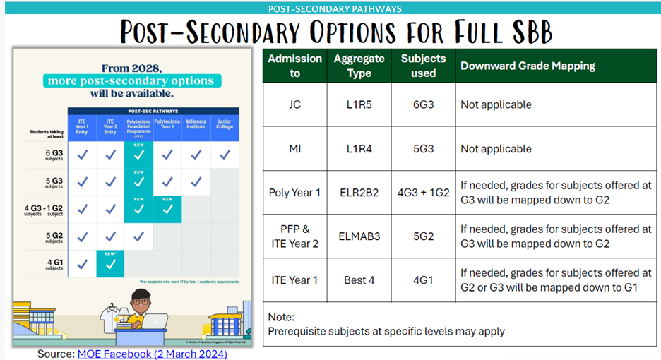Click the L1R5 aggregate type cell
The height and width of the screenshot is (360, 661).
tap(359, 104)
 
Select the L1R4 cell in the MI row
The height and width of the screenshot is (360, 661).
tap(359, 149)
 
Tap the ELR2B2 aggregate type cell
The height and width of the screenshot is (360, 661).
tap(359, 192)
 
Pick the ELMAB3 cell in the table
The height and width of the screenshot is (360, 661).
tap(359, 236)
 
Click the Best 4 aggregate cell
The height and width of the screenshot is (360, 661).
tap(359, 280)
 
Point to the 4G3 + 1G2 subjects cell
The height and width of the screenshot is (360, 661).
tap(424, 192)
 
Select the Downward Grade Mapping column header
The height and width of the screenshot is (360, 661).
tap(528, 66)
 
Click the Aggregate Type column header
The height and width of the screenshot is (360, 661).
tap(359, 66)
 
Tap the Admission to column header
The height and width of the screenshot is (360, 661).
tap(294, 66)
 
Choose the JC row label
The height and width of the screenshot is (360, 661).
tap(294, 104)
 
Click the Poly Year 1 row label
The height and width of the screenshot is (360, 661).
tap(294, 192)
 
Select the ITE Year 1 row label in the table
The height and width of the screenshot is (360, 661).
tap(294, 280)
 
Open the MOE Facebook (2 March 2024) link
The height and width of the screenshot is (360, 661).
tap(152, 354)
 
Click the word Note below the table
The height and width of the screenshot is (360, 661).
tap(281, 318)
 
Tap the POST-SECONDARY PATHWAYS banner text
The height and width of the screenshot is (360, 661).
tap(335, 8)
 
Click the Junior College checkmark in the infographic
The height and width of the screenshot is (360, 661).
tap(224, 155)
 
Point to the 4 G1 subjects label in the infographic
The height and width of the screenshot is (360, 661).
tap(54, 265)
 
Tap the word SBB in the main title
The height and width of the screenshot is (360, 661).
tap(522, 32)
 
